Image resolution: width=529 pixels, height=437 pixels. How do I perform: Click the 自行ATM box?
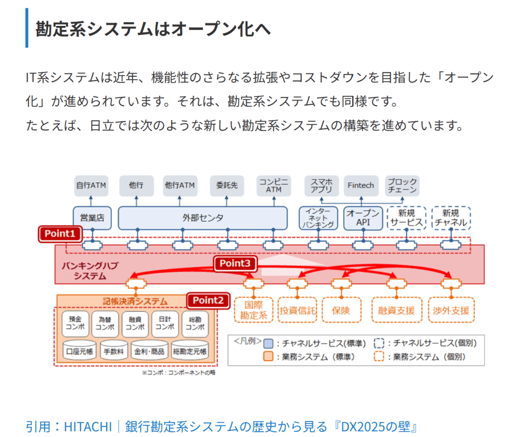click(91, 185)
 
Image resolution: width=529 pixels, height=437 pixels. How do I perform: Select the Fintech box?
click(360, 185)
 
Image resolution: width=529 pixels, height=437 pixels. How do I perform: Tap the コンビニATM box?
click(274, 185)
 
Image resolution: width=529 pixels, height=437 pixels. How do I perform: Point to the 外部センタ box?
click(203, 218)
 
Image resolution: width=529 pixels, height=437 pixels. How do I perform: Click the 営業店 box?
click(92, 218)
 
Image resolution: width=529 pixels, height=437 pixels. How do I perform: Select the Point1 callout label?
click(60, 234)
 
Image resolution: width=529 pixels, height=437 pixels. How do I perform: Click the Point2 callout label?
click(208, 300)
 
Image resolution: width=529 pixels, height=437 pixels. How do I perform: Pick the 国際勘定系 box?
click(253, 310)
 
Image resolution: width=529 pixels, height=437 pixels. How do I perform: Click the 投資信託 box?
click(297, 311)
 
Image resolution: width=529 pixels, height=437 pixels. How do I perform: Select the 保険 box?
click(341, 311)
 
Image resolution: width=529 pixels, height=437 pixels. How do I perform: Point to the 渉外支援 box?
click(451, 311)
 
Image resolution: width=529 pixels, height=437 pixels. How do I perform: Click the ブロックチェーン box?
click(402, 185)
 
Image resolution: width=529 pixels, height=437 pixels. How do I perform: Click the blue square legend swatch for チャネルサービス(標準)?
click(268, 343)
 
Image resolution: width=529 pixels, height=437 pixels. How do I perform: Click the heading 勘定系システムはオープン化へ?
click(153, 28)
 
